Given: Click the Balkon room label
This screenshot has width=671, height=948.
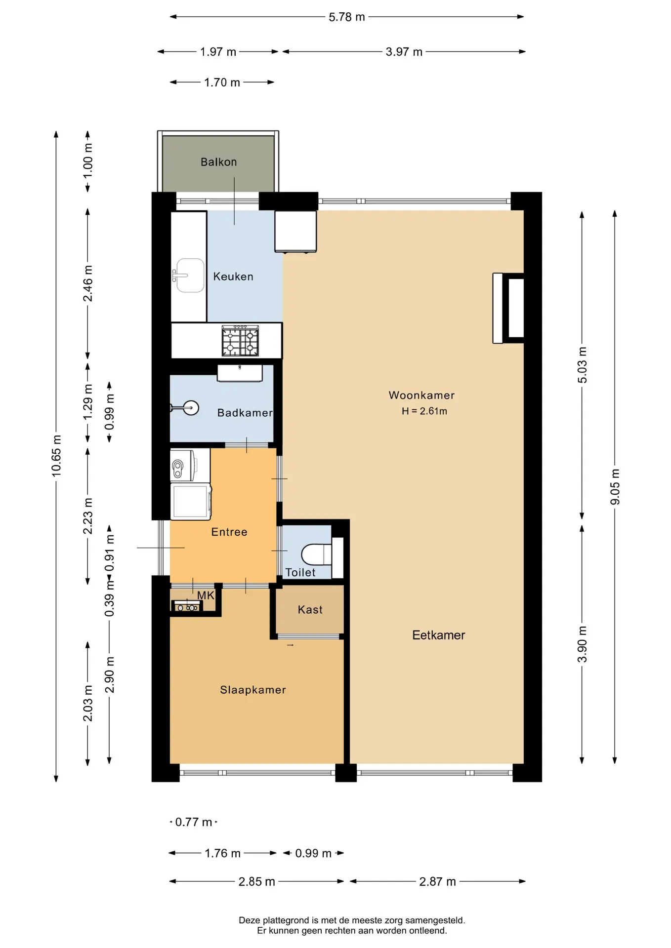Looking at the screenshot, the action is point(218,162).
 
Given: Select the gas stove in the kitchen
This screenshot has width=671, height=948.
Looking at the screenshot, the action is point(240,341).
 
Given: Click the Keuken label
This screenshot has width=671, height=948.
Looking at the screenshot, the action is point(233,276).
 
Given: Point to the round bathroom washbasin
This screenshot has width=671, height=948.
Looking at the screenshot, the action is point(190,408).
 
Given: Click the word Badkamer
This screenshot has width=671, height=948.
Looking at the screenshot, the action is point(245,413).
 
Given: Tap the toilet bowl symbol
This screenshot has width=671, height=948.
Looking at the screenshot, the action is point(317,554).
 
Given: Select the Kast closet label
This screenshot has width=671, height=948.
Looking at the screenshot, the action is point(310,610).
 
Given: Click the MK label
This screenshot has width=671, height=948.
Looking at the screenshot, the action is point(206,595).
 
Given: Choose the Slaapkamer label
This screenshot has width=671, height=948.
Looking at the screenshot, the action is point(253,690).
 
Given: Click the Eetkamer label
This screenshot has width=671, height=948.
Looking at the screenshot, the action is point(439,635).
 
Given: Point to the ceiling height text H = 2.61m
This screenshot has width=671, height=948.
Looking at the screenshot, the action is point(424,411).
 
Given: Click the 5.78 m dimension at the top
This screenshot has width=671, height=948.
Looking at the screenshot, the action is point(347,17).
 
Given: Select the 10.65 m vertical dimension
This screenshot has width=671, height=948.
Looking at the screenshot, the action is point(56,456).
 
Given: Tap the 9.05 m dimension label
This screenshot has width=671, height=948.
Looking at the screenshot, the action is point(615,487).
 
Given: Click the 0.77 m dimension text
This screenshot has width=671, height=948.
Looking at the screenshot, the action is point(194,822).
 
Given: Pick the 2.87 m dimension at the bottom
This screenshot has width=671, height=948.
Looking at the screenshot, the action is point(438,881).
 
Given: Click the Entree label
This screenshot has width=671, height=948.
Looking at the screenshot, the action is point(229,532).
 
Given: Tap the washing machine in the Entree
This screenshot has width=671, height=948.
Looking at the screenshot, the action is point(191,501).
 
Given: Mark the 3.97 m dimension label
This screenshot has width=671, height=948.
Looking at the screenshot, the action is point(404,52).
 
